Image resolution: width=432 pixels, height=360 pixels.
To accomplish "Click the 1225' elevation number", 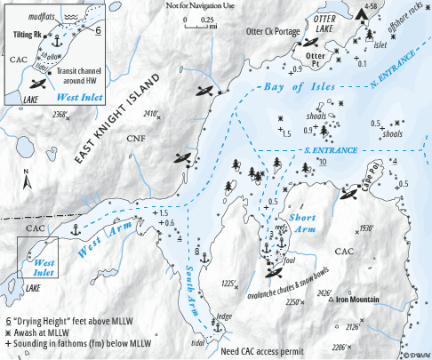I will click(x=228, y=284).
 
